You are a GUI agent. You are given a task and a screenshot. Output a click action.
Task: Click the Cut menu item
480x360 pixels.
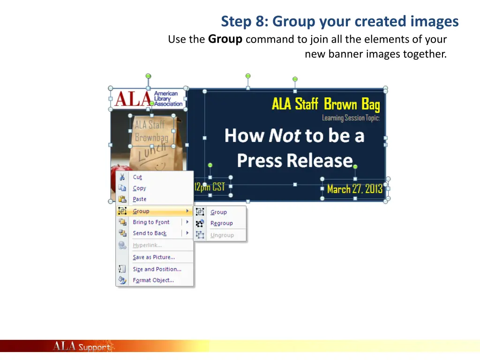coord(137,177)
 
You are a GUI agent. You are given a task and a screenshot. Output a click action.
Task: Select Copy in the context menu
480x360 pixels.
coord(139,188)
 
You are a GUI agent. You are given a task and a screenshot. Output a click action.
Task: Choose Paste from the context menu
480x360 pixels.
coord(139,199)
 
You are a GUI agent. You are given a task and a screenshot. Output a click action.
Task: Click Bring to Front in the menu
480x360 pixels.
coord(151,222)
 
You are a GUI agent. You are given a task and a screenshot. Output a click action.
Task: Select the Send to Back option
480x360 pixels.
coord(150,233)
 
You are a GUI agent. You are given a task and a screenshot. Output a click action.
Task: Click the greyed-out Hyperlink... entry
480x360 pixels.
coord(147,245)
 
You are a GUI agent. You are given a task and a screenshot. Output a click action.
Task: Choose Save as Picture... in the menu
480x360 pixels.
coord(154,257)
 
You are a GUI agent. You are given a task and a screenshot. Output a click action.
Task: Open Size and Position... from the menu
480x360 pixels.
coord(157,270)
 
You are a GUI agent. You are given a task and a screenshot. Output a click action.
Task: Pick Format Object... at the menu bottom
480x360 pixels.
coord(153,280)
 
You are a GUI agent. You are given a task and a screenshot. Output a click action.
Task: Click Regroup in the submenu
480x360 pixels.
coord(221,224)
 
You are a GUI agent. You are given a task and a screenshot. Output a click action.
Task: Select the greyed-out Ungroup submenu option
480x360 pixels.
coord(222,235)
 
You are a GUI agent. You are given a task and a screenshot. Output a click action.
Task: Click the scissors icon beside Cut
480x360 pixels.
coord(122,177)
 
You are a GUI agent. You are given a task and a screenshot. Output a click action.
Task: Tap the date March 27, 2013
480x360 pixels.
coord(355,189)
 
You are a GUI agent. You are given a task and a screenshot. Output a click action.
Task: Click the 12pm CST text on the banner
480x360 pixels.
coord(210,187)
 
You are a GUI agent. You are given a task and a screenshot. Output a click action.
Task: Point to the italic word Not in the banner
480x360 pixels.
coord(285,136)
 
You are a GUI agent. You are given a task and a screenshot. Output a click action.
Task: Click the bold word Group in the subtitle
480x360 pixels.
coord(225,39)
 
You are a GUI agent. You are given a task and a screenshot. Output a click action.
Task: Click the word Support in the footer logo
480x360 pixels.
coord(94,347)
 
